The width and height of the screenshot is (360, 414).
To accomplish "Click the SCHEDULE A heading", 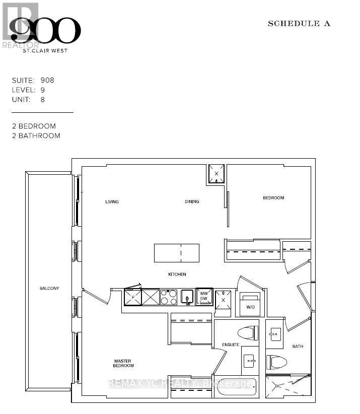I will click(299, 24).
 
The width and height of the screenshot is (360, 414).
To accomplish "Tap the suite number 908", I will click(48, 80).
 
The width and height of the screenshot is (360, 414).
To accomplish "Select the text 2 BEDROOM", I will click(34, 126).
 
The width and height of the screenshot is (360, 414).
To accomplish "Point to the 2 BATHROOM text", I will click(36, 135).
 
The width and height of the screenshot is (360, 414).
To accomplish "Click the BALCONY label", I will click(49, 288).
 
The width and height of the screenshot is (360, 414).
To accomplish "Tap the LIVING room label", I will click(112, 202).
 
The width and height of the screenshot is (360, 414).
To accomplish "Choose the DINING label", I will click(191, 202).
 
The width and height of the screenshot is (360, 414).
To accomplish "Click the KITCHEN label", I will click(177, 274).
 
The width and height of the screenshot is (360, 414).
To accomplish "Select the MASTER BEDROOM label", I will click(123, 363).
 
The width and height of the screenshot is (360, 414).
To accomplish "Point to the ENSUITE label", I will click(231, 345).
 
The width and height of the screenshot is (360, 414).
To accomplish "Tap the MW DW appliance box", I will click(204, 297).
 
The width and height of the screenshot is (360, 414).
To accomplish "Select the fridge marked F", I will click(133, 297).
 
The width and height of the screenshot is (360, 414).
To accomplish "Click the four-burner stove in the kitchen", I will click(168, 297).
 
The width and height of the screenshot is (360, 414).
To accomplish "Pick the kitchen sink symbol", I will click(187, 297).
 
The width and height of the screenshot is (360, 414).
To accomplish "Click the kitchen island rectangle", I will click(177, 253).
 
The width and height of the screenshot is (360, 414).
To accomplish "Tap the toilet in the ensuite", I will click(248, 333).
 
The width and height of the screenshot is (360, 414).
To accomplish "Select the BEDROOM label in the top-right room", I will click(273, 198).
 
